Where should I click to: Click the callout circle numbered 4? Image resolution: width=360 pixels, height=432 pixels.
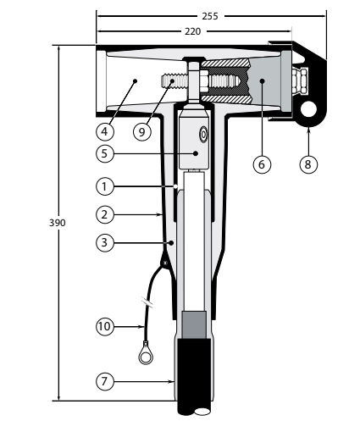tap(105, 131)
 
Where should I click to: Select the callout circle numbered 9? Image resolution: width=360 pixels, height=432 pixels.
tap(142, 131)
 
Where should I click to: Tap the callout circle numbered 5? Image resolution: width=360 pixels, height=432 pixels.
tap(105, 153)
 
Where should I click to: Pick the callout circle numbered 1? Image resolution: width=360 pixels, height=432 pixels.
tap(105, 186)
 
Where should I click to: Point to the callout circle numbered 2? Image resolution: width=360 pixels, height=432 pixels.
tap(105, 214)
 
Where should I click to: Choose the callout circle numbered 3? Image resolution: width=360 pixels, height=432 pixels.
tap(105, 242)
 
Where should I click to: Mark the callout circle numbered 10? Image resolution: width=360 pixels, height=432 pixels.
tap(105, 326)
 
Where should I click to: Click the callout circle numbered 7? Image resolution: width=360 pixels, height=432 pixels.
tap(105, 381)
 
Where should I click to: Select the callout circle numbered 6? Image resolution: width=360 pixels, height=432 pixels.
tap(262, 164)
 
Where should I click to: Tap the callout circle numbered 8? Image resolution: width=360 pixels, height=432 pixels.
tap(308, 164)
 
